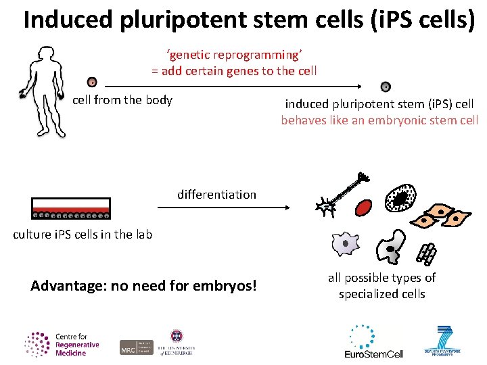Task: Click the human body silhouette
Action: [x=46, y=91]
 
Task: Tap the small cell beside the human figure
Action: [x=92, y=82]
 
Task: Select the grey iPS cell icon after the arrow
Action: [x=386, y=87]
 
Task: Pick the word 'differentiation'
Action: [x=216, y=195]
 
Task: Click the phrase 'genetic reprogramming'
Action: [x=233, y=55]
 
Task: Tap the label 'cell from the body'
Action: [x=122, y=100]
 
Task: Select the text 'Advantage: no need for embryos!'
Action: [x=143, y=286]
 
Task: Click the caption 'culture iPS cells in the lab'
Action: [x=83, y=235]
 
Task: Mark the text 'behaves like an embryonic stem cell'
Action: [x=379, y=120]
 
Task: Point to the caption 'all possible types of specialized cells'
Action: [x=381, y=286]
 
